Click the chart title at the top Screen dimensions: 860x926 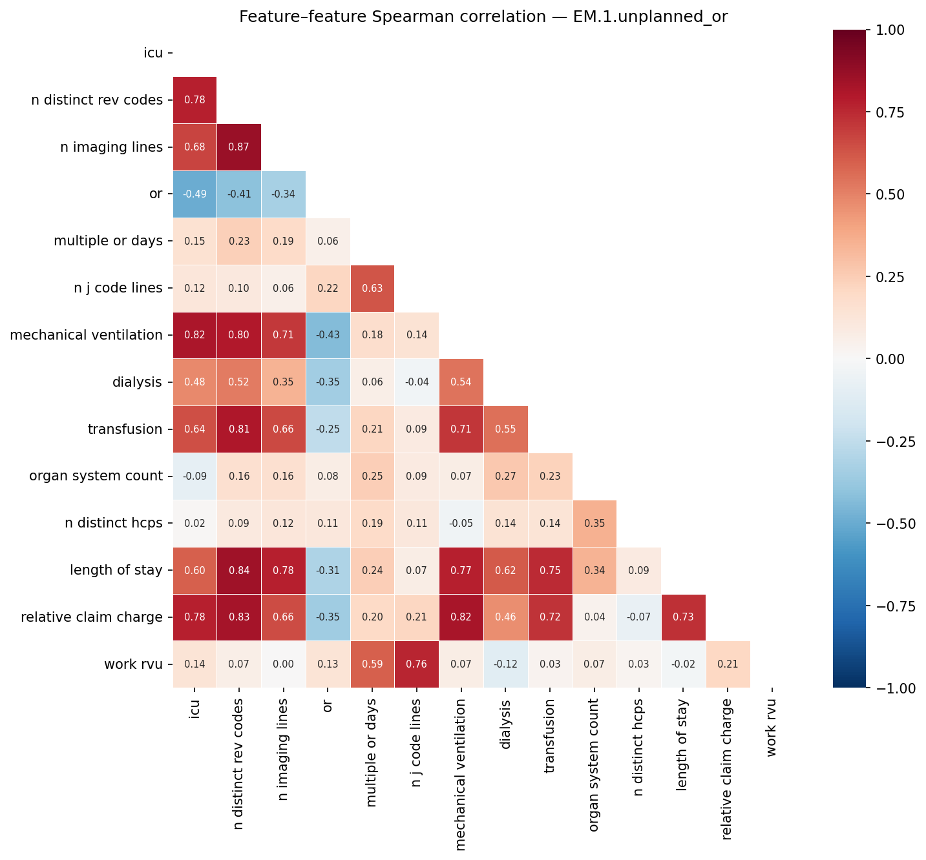[x=483, y=17]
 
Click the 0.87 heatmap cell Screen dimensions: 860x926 [x=239, y=147]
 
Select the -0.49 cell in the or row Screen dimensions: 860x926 [x=195, y=194]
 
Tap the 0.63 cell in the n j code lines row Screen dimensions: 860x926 [x=372, y=289]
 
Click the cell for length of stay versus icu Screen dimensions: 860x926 [x=195, y=571]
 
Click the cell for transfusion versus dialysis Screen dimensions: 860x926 [x=506, y=429]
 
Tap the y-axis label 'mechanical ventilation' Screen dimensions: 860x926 [x=86, y=335]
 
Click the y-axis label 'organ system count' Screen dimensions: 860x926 [x=96, y=476]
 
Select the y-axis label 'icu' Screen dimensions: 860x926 [x=153, y=53]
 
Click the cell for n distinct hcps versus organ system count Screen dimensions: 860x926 [x=595, y=524]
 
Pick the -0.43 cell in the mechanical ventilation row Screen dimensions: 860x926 [x=328, y=335]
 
